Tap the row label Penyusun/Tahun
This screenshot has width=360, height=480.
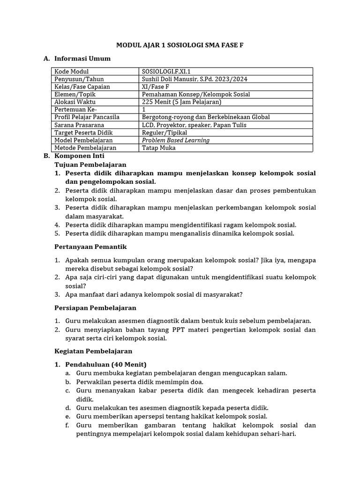79,79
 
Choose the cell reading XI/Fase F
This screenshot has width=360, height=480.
156,87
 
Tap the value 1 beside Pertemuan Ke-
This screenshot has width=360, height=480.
144,109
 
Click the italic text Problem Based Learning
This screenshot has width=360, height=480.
176,140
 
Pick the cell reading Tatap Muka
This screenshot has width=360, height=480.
159,148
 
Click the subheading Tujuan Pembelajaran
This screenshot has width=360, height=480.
90,165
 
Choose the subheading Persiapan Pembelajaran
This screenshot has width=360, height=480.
95,308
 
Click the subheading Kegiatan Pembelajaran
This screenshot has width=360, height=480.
93,351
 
